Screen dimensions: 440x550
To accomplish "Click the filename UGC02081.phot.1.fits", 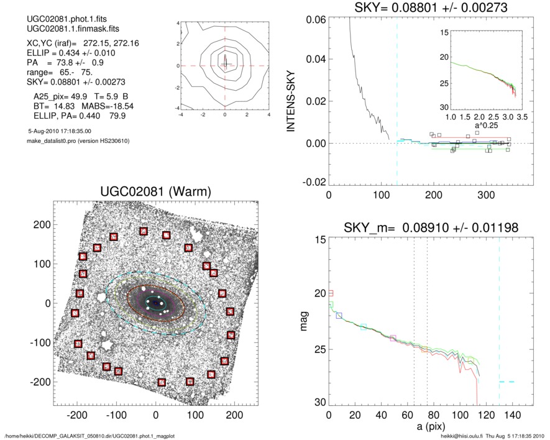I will [x=57, y=20].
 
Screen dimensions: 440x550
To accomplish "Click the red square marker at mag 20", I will [x=331, y=293].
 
